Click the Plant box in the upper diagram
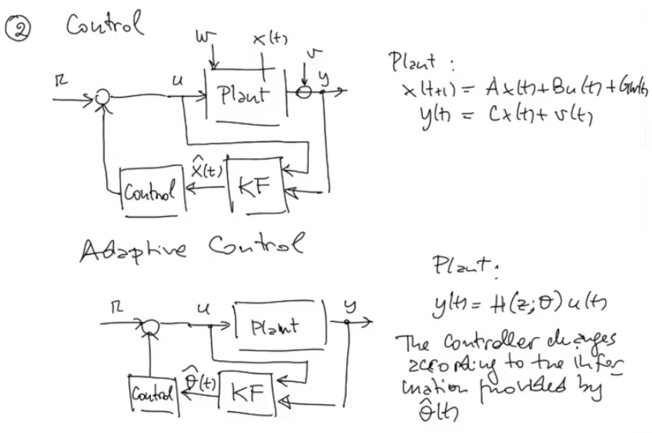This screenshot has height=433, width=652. coord(245,95)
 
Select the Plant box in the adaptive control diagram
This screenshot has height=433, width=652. coord(280,327)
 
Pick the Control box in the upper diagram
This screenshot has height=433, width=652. coord(154,191)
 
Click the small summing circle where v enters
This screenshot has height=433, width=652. coord(306,93)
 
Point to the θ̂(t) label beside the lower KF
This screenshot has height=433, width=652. coord(200,380)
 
